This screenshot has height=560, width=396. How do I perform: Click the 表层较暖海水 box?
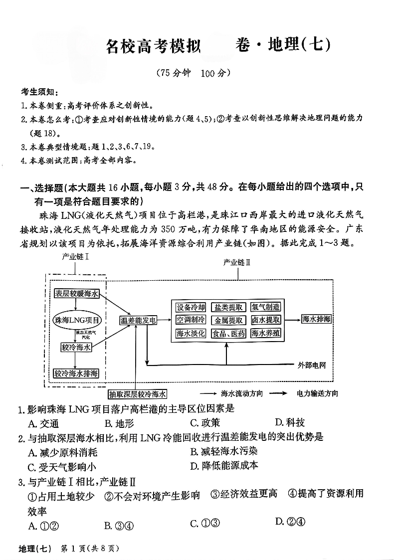tap(77, 294)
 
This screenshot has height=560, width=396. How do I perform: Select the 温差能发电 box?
tap(138, 320)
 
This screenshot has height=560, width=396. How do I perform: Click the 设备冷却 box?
tap(191, 307)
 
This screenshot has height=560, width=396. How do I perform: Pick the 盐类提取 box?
tap(228, 307)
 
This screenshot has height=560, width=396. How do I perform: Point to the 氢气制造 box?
tap(265, 307)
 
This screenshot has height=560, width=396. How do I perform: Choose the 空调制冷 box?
tap(191, 320)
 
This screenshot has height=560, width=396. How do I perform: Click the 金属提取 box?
tap(228, 320)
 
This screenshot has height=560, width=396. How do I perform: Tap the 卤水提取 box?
tap(265, 320)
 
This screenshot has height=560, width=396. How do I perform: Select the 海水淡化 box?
tap(191, 334)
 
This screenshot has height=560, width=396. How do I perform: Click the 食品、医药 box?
tap(228, 334)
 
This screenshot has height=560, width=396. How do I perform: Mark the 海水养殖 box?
tap(265, 334)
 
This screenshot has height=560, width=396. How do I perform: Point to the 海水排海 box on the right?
tap(316, 319)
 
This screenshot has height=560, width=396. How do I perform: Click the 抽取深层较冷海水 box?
tap(138, 393)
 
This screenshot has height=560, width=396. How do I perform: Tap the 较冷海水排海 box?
tap(76, 373)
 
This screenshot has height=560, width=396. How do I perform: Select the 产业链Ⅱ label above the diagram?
tap(236, 262)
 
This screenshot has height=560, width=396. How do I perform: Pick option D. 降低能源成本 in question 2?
tap(224, 466)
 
